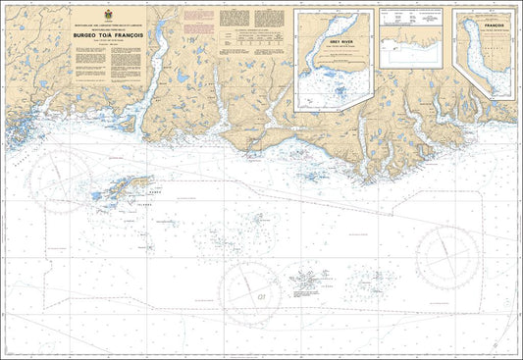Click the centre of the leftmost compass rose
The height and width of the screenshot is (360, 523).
coord(60,180)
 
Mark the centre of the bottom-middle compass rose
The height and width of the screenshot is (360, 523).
coord(251,292)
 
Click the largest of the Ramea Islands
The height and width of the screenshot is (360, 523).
coord(127,185)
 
